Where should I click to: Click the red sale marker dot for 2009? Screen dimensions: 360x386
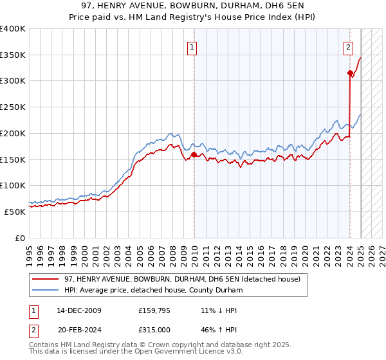194,154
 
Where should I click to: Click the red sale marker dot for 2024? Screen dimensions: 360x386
349,73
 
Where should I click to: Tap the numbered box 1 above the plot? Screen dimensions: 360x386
192,46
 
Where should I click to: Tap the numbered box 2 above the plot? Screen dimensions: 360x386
348,46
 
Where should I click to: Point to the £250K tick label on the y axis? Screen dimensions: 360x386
14,107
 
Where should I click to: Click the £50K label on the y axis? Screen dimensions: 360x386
16,212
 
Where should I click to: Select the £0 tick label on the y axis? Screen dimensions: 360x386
20,238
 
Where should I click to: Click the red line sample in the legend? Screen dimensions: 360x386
46,279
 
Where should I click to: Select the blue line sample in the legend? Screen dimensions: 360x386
46,291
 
